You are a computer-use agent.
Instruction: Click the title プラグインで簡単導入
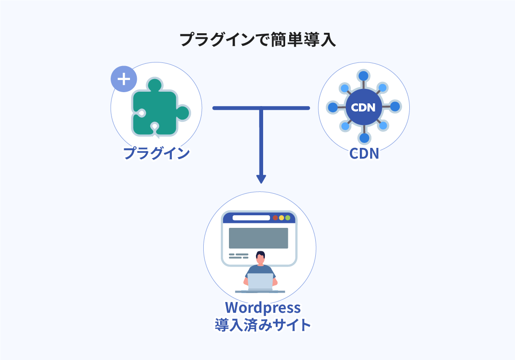click(x=257, y=40)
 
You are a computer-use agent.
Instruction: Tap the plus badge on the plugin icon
click(x=124, y=79)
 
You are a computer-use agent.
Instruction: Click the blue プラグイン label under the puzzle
click(x=157, y=153)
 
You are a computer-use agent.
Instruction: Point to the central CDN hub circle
click(x=363, y=107)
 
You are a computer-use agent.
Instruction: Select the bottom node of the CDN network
click(x=364, y=138)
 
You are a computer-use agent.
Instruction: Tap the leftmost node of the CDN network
click(x=332, y=107)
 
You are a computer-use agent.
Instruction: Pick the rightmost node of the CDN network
click(x=395, y=107)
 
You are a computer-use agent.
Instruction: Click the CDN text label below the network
click(x=364, y=154)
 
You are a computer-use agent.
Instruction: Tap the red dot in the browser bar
click(x=275, y=218)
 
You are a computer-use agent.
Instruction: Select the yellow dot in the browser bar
click(x=282, y=218)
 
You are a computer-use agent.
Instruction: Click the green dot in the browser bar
click(x=288, y=218)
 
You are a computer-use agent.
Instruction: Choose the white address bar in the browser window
click(x=251, y=218)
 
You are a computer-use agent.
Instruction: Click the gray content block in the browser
click(x=258, y=238)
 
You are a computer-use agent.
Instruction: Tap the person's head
click(x=260, y=258)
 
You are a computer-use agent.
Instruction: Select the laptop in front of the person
click(x=260, y=282)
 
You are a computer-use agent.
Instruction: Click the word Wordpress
click(x=263, y=308)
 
